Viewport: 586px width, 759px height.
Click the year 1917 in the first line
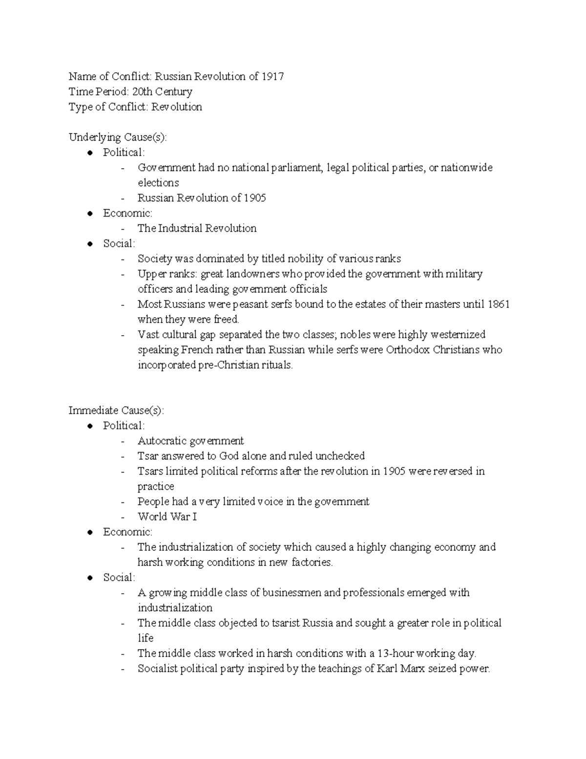[x=272, y=76]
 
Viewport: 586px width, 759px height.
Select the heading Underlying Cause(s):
[x=118, y=137]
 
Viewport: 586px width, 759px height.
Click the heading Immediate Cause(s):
[x=116, y=410]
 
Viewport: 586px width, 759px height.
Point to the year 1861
[x=499, y=304]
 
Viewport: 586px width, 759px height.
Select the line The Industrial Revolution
[x=197, y=228]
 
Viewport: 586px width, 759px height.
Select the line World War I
[x=167, y=517]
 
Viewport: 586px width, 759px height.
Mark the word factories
[x=312, y=563]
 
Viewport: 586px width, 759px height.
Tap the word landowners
[x=252, y=274]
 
